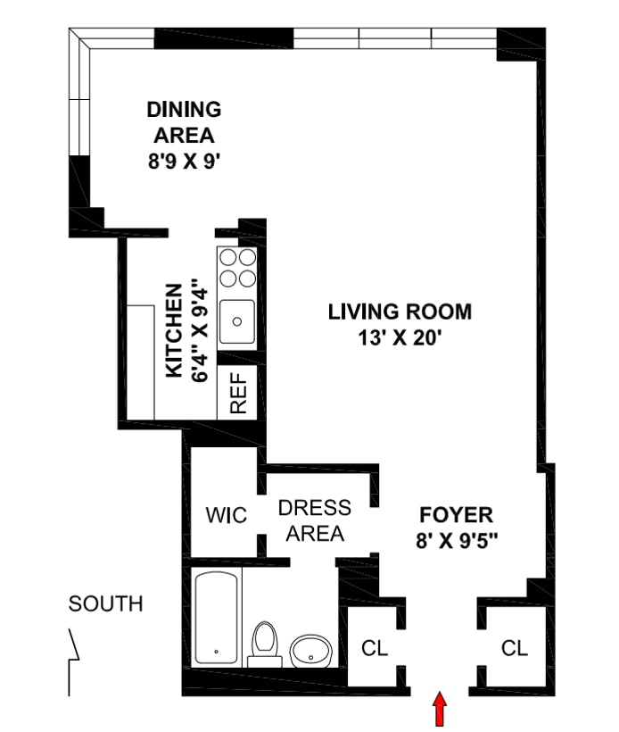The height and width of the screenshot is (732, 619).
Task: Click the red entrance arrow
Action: click(x=440, y=709)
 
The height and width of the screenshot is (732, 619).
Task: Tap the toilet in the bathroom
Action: click(x=265, y=645)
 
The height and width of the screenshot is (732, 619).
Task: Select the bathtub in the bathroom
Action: click(x=216, y=618)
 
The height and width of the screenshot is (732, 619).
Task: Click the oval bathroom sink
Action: click(x=311, y=651)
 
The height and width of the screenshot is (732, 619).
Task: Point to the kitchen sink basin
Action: click(x=237, y=321)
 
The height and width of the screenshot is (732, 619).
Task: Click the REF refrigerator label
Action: click(x=238, y=393)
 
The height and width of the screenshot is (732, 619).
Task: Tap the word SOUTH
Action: click(x=106, y=603)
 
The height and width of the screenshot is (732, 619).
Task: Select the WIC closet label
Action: click(x=227, y=515)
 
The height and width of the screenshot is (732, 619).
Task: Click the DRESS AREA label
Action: click(x=315, y=520)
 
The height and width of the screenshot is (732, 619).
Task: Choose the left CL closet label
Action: click(x=375, y=648)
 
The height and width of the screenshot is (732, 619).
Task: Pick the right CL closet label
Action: click(x=515, y=648)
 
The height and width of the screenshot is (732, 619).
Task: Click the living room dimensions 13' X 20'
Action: click(x=400, y=337)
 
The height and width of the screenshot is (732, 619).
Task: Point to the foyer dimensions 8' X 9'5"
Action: click(x=457, y=541)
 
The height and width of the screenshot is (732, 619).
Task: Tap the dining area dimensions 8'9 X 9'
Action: click(x=184, y=162)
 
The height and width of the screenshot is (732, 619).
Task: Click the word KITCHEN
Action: click(x=174, y=330)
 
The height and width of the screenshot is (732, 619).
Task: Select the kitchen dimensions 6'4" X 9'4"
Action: click(x=199, y=330)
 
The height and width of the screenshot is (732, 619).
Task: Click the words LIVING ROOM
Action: click(x=400, y=312)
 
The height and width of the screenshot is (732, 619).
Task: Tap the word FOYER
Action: click(x=456, y=515)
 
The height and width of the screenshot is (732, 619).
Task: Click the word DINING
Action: click(x=184, y=109)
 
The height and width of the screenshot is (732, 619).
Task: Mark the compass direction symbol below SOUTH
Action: click(x=74, y=662)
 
